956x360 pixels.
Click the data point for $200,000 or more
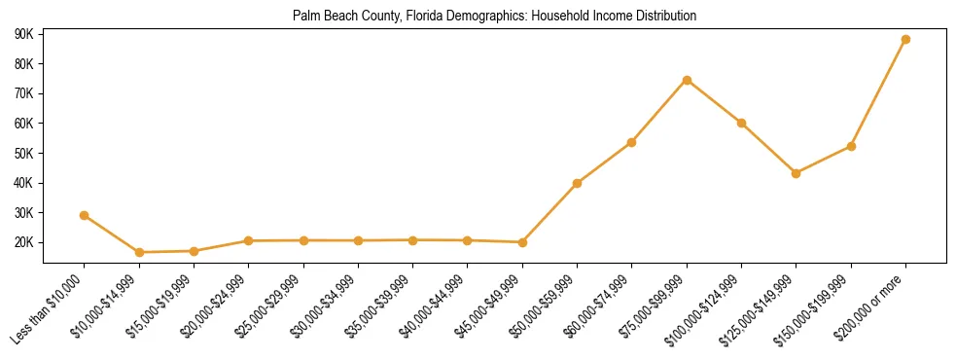905,40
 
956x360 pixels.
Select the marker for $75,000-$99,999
687,80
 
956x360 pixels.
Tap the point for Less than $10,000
85,215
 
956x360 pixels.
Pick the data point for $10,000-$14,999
139,252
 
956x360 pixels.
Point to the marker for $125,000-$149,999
797,173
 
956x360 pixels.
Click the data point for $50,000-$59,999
578,183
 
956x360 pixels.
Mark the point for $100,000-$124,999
741,123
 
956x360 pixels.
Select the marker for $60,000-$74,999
632,142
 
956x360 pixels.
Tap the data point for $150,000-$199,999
851,146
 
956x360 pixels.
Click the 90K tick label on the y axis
24,34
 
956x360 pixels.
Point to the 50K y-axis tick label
24,153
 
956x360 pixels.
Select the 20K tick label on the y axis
24,242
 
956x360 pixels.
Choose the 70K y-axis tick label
24,93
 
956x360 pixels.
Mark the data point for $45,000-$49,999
522,242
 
